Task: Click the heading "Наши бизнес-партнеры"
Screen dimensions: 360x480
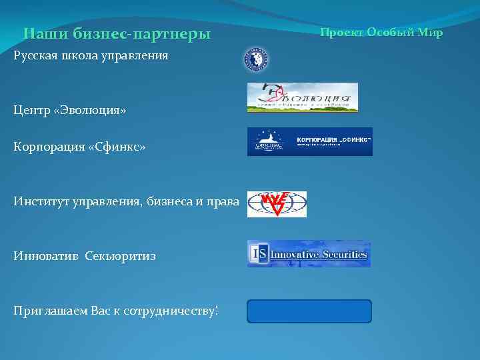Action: point(117,33)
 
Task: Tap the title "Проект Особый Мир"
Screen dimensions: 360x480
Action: point(381,32)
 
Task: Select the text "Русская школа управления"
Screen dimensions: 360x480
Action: point(91,55)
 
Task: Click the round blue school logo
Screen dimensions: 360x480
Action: point(255,60)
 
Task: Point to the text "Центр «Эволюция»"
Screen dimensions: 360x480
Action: point(69,110)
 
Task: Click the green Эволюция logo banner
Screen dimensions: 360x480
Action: point(303,97)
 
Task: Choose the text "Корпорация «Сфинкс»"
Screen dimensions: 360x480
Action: point(79,146)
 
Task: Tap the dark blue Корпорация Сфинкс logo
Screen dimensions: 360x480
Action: point(309,141)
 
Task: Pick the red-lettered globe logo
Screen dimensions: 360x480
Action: point(277,205)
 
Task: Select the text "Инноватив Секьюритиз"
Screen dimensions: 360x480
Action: point(85,255)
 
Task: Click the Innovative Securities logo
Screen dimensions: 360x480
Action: point(309,254)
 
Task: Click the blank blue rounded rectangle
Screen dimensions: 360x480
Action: point(309,311)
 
